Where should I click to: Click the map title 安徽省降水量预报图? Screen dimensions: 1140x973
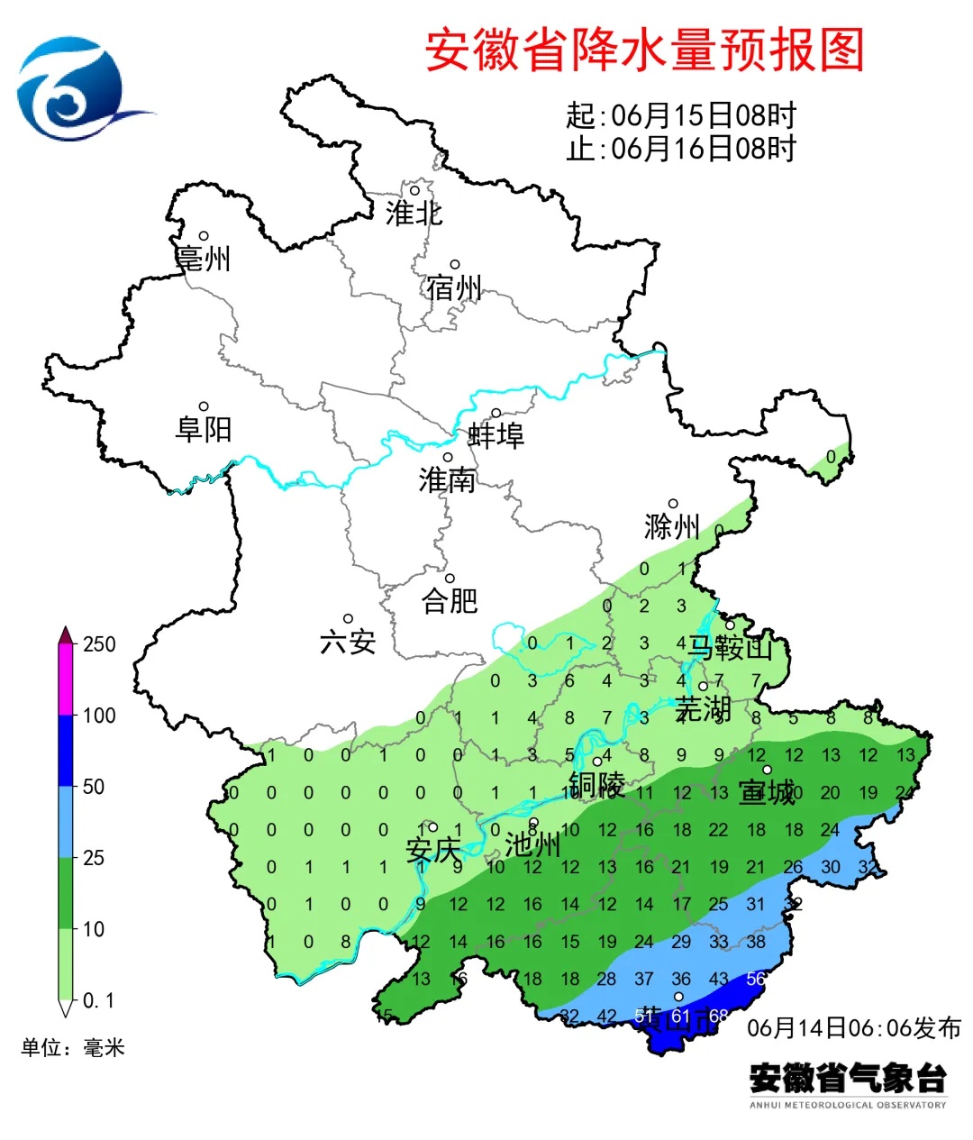(x=644, y=50)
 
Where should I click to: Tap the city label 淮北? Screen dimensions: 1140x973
(x=414, y=214)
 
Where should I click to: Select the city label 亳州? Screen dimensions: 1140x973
(x=204, y=259)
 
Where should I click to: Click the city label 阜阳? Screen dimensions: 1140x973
(x=204, y=429)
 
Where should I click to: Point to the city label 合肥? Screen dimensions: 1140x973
(x=449, y=600)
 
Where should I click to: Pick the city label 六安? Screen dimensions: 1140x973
(x=348, y=642)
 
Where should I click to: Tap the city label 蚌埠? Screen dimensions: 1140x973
(x=496, y=436)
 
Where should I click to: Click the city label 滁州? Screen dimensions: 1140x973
(x=672, y=526)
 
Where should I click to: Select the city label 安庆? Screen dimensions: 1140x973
(x=432, y=850)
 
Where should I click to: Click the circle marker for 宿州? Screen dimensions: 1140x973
(x=455, y=265)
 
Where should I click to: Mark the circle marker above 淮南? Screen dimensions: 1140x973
(x=447, y=458)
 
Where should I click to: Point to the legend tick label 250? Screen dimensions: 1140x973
(x=99, y=644)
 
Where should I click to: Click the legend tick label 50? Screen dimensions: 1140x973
(x=94, y=787)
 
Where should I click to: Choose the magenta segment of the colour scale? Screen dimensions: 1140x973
(x=66, y=680)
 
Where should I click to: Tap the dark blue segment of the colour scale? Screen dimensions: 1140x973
(x=66, y=751)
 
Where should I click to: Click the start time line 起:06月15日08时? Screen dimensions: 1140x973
(x=681, y=115)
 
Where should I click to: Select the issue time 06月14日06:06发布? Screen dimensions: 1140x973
(x=853, y=1027)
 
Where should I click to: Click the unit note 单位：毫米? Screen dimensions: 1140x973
(x=73, y=1047)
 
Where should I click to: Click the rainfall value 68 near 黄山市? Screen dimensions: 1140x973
(x=718, y=1017)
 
